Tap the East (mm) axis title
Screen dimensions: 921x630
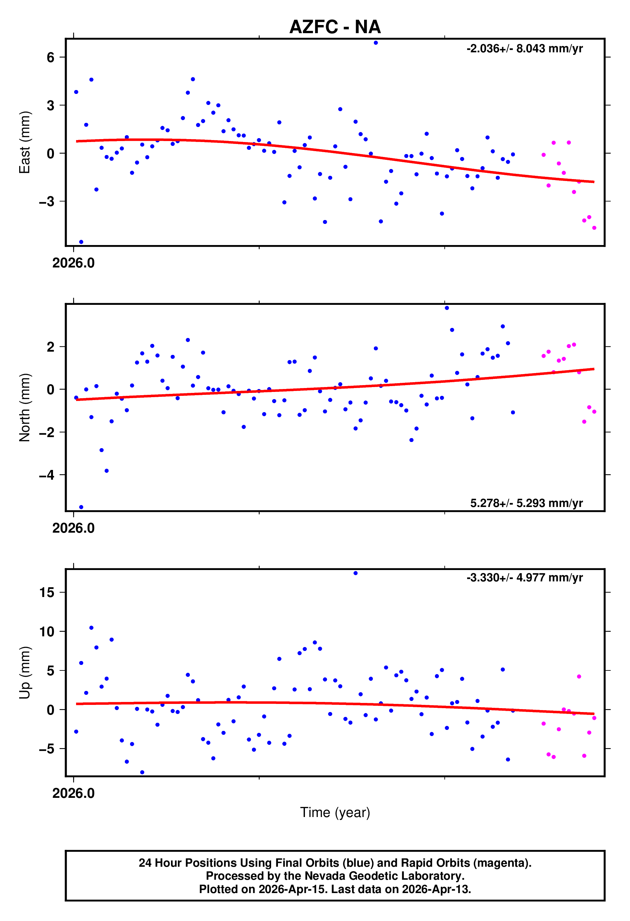coord(25,142)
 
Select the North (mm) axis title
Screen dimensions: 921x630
coord(25,408)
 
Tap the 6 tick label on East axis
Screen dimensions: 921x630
coord(50,58)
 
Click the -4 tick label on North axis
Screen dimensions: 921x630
coord(46,475)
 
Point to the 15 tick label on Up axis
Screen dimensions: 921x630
coord(47,592)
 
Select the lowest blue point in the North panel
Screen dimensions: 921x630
coord(81,507)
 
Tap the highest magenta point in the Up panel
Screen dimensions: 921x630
coord(579,677)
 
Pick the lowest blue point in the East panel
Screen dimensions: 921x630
coord(81,242)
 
